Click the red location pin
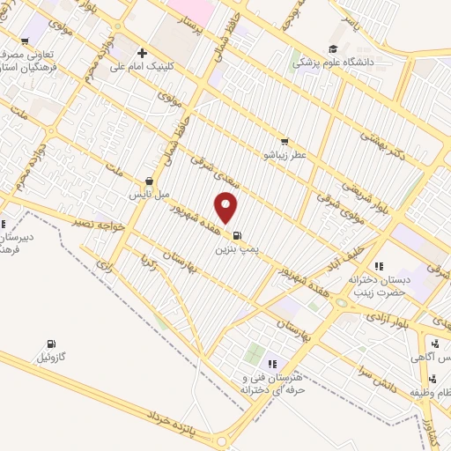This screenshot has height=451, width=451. coord(227,208)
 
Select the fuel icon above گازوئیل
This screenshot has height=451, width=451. coord(49,344)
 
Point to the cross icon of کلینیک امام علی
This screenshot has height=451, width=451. coord(142,53)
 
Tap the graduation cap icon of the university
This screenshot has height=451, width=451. coord(333,48)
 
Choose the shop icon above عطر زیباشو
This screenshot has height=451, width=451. coord(284,141)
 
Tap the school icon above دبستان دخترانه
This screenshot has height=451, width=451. coord(379,266)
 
